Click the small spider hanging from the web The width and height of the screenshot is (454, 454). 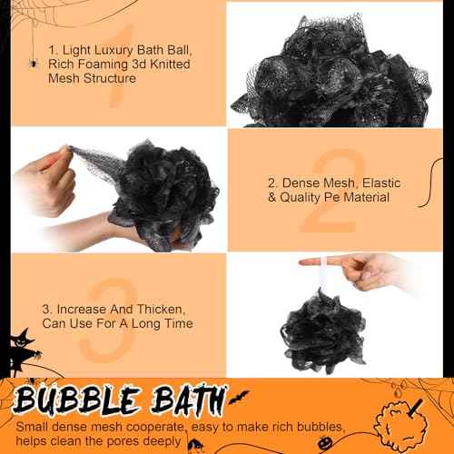click(x=33, y=63)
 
